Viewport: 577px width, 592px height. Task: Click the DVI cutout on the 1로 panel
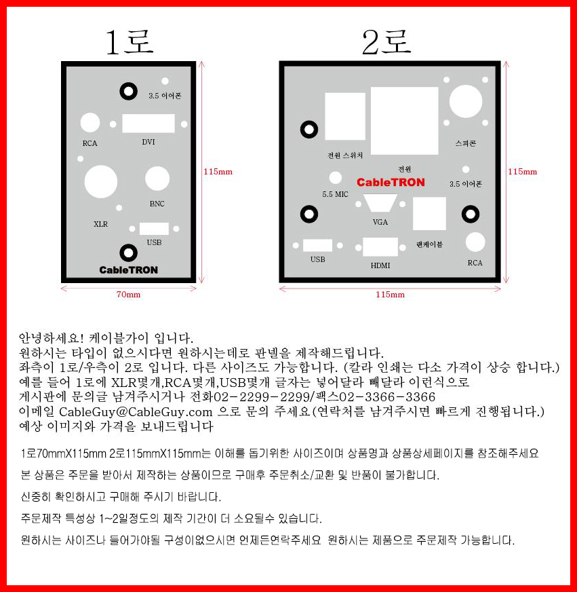coord(148,123)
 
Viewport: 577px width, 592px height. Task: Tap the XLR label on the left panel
coord(101,224)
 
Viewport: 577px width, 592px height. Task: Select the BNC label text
coord(157,204)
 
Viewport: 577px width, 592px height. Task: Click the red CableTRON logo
coord(391,183)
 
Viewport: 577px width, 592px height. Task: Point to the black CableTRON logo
coord(129,270)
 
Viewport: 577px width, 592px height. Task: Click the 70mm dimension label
coord(128,295)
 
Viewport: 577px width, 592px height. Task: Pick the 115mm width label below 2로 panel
coord(390,295)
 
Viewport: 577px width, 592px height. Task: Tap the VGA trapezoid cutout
coord(380,203)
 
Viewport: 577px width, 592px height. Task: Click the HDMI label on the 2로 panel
coord(380,265)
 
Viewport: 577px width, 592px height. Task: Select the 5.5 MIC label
coord(335,194)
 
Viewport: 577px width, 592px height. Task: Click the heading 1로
coord(130,41)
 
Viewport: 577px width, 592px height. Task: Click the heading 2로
coord(386,41)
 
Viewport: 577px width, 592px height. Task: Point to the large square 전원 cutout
coord(404,121)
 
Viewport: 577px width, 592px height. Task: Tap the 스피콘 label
coord(465,143)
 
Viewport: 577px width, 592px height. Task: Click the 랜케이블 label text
coord(429,244)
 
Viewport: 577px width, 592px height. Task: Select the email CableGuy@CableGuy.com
coord(136,411)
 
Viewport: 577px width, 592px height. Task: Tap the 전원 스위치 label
coord(345,155)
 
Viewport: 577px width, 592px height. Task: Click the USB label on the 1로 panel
coord(154,242)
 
